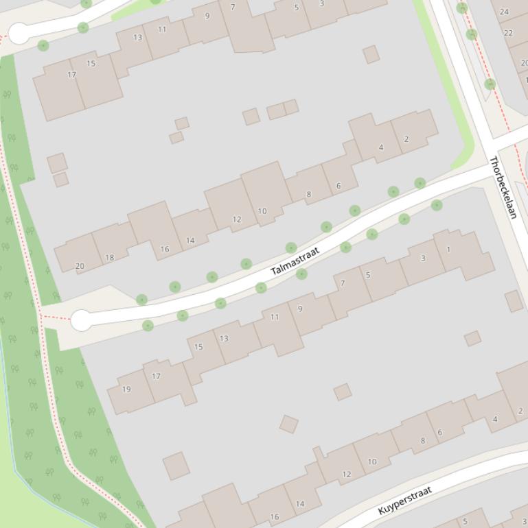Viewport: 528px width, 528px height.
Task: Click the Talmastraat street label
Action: click(295, 261)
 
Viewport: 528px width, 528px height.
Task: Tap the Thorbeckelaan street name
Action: click(503, 187)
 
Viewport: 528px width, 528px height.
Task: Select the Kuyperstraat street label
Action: click(404, 501)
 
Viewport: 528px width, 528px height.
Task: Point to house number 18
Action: click(109, 258)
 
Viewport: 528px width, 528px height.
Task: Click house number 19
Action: click(126, 389)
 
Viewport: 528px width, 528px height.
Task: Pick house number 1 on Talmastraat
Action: click(448, 250)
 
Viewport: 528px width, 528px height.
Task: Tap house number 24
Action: click(505, 12)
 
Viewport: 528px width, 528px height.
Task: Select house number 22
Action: click(508, 33)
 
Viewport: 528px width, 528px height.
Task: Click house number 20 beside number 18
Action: click(80, 266)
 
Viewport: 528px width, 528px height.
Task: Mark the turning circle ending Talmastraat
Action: click(81, 320)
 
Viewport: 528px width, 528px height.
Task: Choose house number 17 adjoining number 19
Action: click(156, 376)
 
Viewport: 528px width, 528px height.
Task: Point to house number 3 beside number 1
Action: click(423, 258)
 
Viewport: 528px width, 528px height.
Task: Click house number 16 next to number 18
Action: click(165, 249)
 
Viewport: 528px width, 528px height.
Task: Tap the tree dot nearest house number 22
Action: click(472, 34)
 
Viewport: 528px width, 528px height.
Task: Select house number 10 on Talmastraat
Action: click(262, 211)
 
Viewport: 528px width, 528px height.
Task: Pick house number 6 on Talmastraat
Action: click(338, 186)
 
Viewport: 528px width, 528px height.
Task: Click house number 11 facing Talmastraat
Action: click(275, 317)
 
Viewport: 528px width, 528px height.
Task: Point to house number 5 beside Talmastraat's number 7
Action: click(368, 275)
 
